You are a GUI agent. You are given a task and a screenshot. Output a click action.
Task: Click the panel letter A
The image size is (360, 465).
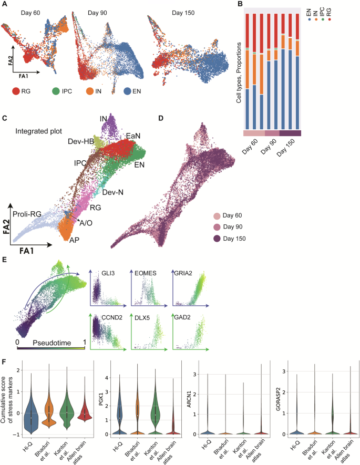coord(4,4)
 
